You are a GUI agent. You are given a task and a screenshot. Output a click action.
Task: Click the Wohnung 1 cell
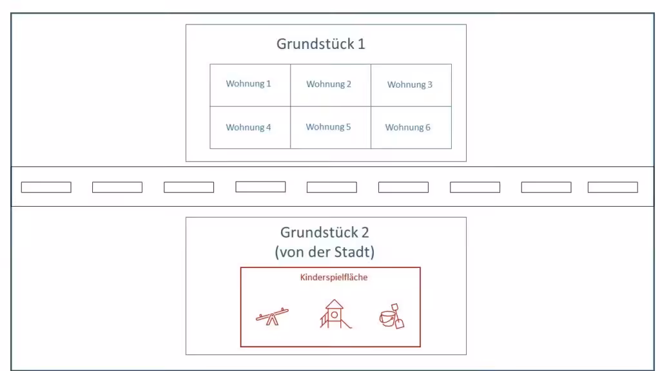[x=250, y=85]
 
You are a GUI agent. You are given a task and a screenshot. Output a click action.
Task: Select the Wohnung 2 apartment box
[x=331, y=85]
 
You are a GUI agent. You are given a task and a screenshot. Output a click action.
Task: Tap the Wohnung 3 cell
[x=411, y=85]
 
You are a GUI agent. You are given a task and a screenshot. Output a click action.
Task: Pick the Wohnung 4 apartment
[x=250, y=128]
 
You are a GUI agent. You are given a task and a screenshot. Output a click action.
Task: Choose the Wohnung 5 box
[x=331, y=128]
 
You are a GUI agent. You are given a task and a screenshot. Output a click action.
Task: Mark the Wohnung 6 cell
[x=411, y=128]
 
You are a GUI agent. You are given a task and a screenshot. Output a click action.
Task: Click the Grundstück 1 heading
[x=321, y=44]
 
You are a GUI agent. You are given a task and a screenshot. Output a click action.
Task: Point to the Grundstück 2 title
[x=325, y=233]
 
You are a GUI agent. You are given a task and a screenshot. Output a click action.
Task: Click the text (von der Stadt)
[x=325, y=252]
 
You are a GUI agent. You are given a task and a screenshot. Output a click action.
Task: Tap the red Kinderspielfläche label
[x=334, y=277]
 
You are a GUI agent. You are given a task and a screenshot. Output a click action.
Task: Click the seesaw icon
[x=273, y=316]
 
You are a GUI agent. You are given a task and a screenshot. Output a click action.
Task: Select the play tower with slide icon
[x=335, y=314]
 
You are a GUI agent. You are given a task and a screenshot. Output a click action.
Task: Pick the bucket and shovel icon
[x=391, y=316]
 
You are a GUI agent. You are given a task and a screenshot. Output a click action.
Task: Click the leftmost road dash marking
[x=46, y=187]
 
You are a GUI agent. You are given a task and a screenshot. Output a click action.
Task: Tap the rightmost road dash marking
[x=613, y=187]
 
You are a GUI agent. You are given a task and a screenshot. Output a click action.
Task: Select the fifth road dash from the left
[x=332, y=187]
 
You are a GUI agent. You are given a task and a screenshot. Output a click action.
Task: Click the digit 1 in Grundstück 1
[x=361, y=44]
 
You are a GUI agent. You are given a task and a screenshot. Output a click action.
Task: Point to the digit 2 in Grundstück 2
[x=365, y=233]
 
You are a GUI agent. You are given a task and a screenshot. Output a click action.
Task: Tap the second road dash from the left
[x=117, y=187]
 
